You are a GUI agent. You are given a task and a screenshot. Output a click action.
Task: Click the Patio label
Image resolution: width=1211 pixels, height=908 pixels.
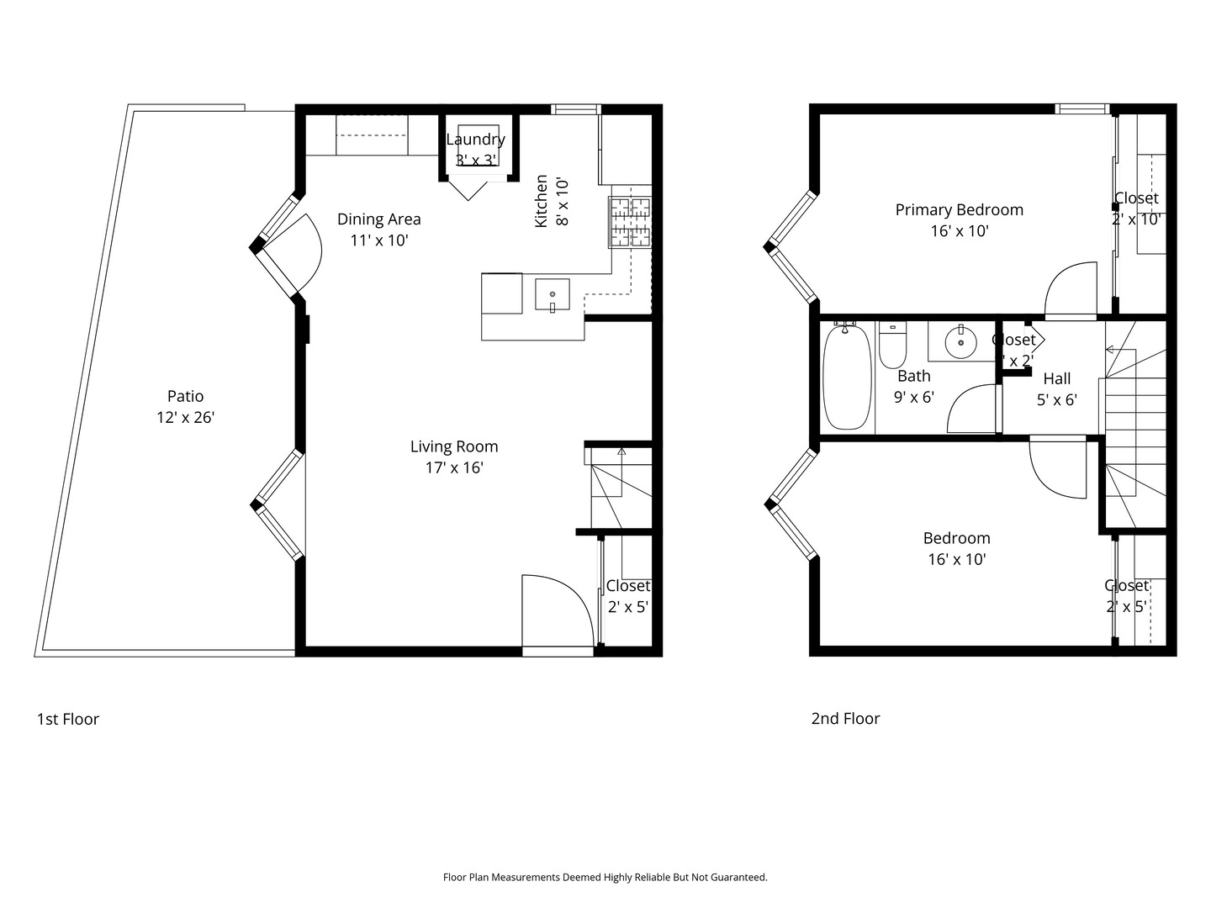[x=185, y=396]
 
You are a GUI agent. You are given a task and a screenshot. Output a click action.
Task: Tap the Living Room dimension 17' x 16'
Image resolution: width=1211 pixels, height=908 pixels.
[x=454, y=468]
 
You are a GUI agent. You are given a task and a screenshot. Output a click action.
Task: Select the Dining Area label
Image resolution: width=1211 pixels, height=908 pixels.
[x=378, y=219]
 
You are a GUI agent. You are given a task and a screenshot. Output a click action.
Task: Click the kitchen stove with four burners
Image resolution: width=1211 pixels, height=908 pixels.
[x=630, y=222]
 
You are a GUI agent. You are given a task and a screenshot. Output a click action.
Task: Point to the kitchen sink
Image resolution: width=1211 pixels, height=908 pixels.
[x=553, y=295]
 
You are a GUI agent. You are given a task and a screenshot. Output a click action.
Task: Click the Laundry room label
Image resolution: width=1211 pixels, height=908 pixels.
[x=475, y=140]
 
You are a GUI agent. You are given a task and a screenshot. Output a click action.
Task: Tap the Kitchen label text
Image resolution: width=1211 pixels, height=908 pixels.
[x=542, y=201]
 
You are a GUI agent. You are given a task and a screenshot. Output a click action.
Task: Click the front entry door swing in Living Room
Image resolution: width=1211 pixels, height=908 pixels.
[x=555, y=610]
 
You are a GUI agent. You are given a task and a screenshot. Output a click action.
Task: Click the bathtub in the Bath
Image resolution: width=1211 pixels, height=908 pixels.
[x=848, y=377]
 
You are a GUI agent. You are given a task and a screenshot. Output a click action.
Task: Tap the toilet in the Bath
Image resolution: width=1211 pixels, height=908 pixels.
[x=892, y=346]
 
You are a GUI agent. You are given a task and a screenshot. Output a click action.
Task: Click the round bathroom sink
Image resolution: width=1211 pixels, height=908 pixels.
[x=960, y=342]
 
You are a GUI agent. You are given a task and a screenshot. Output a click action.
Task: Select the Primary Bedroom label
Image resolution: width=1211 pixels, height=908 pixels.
[x=959, y=210]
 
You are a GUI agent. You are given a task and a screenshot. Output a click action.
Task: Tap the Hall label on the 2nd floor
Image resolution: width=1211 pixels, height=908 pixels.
[x=1056, y=379]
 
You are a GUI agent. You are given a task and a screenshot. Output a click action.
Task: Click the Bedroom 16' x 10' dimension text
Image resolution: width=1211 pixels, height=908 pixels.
[x=957, y=559]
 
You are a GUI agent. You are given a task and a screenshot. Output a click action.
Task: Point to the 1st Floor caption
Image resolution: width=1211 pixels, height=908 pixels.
[x=68, y=720]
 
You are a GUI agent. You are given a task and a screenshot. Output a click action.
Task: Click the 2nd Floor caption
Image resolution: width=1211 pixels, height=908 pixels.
[x=845, y=719]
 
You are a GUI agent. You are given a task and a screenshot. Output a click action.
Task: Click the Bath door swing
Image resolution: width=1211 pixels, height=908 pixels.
[x=973, y=409]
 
